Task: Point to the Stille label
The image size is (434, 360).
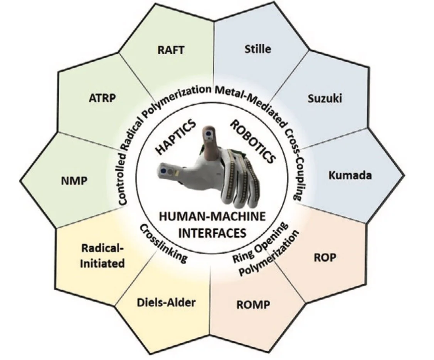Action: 258,49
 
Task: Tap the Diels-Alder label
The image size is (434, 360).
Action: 166,302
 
